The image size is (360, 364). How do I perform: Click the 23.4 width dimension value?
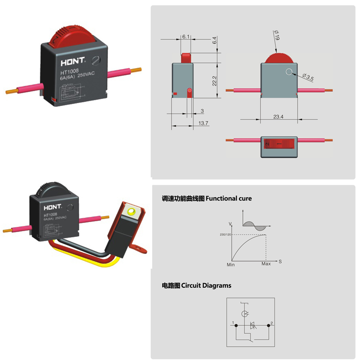coord(278,117)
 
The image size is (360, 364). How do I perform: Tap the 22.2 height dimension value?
coord(215,81)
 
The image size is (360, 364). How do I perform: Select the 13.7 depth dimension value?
coord(203,123)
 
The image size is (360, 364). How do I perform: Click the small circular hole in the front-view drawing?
coord(288,72)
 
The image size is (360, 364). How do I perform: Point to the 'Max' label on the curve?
coord(266,264)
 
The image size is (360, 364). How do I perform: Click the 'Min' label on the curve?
coord(231,264)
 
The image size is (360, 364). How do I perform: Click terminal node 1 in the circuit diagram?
coord(236,326)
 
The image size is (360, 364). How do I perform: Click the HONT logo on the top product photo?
coord(72,62)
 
